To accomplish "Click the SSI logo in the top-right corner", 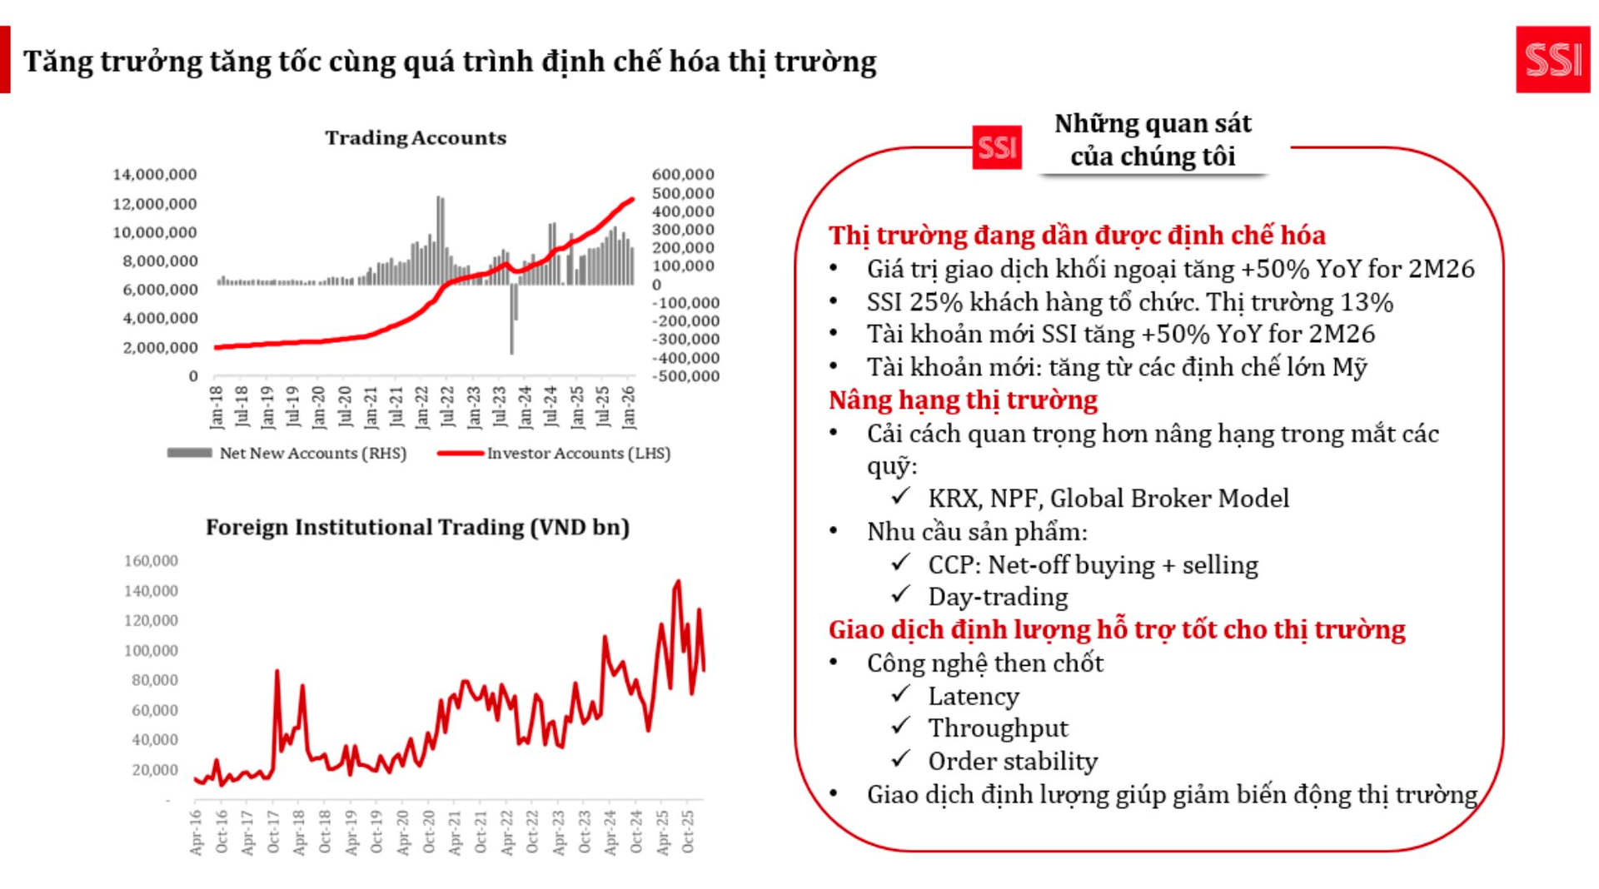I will pos(1552,59).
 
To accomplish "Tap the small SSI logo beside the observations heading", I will pos(996,148).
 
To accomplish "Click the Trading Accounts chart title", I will pos(416,137).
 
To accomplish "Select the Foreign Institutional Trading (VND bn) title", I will pos(417,527).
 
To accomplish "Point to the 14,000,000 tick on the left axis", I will pos(155,174).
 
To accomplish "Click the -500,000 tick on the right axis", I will pos(685,376).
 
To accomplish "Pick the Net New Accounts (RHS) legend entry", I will pos(287,453).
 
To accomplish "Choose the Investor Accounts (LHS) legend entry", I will pos(555,453).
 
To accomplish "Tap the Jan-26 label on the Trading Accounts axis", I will pos(629,406).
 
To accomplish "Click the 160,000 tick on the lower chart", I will pos(151,561).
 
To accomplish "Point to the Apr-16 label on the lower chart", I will pos(196,832).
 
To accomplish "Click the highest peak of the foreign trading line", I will pos(678,582).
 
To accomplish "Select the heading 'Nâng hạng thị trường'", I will pos(963,400).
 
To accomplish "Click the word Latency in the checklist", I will pos(974,696).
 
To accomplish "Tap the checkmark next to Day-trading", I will pos(900,595).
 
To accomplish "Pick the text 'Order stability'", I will pos(1013,761).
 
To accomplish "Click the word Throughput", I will pos(998,728).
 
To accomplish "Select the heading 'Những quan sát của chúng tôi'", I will pos(1153,140).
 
